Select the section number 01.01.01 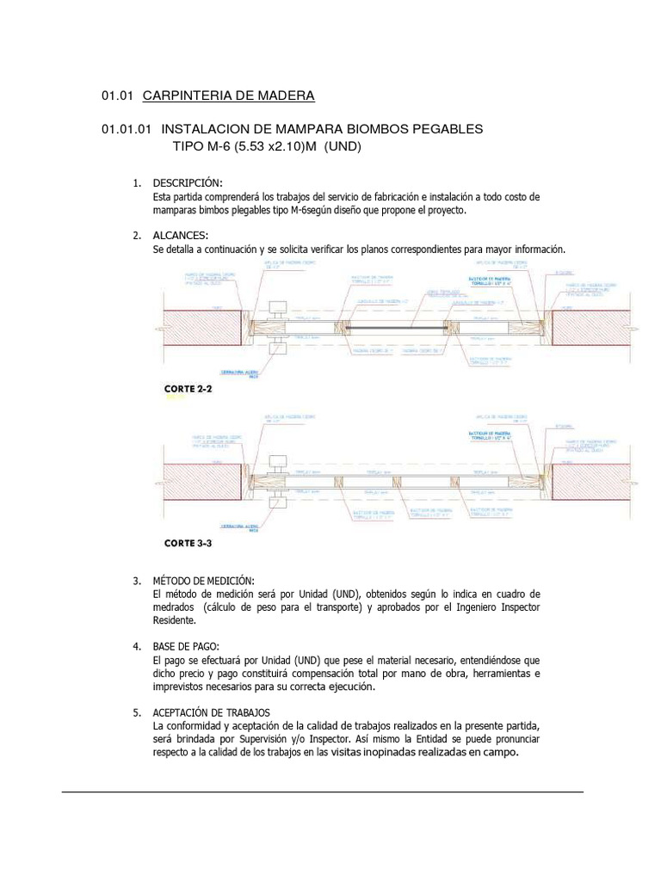[127, 129]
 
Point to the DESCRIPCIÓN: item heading [188, 183]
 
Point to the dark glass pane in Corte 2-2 [395, 328]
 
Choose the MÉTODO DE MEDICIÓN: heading [204, 582]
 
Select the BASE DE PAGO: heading [187, 646]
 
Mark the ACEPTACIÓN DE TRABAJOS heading [211, 712]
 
